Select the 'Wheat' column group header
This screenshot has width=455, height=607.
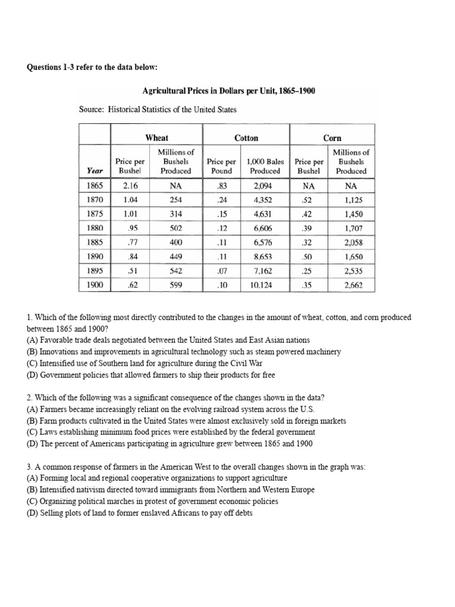click(157, 138)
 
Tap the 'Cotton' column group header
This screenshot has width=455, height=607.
click(246, 138)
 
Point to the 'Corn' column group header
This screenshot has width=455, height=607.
click(332, 138)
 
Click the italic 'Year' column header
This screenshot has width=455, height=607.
click(95, 171)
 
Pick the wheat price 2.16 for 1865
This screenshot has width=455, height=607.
click(130, 186)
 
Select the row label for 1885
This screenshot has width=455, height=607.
click(95, 242)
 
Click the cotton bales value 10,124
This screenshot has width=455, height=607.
click(265, 285)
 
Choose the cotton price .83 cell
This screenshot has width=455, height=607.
click(222, 186)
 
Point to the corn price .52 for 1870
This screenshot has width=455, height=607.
click(309, 200)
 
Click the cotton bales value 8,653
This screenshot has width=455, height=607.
click(265, 257)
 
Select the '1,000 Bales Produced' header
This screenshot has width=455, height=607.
click(265, 166)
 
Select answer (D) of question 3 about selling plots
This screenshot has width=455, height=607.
click(140, 513)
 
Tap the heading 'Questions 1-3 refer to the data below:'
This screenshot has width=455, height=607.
click(92, 68)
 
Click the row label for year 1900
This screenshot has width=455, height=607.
click(95, 285)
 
